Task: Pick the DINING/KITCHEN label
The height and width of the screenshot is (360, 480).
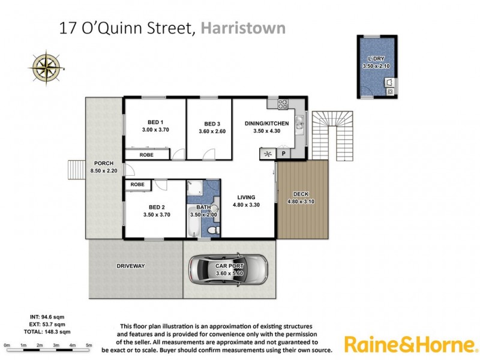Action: (267, 124)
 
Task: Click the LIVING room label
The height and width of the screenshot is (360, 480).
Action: (246, 197)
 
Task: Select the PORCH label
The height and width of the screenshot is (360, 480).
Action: (104, 163)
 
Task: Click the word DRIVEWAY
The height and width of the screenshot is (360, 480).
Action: (131, 265)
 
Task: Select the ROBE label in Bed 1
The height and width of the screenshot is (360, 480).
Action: (146, 155)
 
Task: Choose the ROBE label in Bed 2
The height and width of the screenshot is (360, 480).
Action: (137, 184)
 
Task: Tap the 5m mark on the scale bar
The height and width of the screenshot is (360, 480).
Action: (89, 346)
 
